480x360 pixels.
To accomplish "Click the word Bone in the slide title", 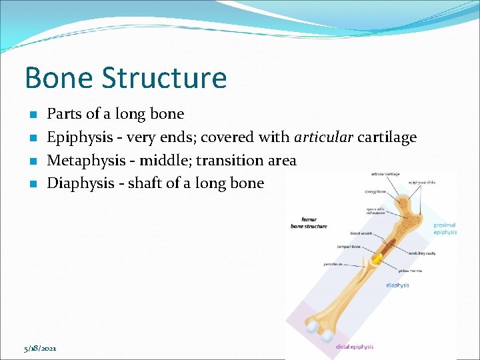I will coord(57,78).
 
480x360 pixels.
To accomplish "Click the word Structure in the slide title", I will coord(164,78).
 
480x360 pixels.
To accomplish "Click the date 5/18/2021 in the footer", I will coord(40,348).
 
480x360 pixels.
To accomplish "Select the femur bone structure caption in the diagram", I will coord(309,222).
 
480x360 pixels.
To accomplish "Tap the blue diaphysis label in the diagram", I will coord(398,285).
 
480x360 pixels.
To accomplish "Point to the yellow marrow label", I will coord(410,271).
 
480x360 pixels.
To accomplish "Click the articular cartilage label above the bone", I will coord(385,175).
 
